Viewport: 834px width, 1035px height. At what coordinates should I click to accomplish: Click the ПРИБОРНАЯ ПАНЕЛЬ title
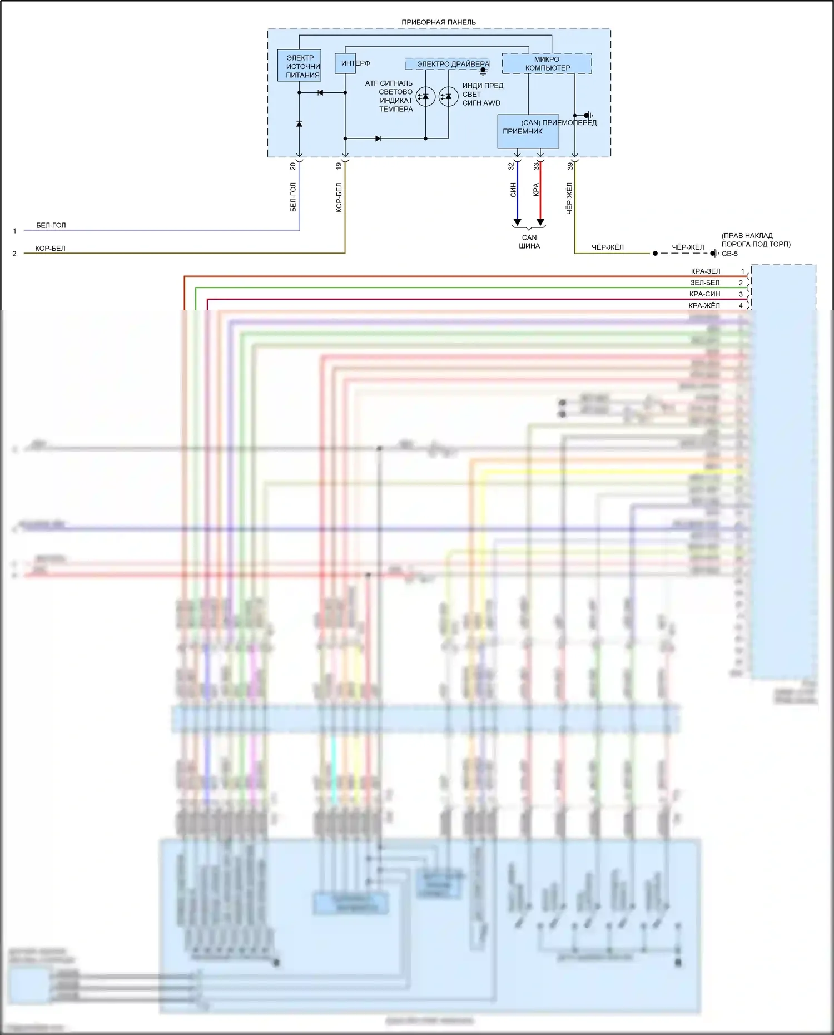click(x=439, y=22)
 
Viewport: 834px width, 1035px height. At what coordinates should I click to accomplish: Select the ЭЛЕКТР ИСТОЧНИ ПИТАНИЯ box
click(x=299, y=66)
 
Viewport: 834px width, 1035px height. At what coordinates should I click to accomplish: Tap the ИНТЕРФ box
click(x=345, y=63)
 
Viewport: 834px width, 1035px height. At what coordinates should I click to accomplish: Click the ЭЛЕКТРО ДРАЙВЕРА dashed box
click(x=447, y=64)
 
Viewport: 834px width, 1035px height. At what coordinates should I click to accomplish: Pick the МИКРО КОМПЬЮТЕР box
click(x=547, y=63)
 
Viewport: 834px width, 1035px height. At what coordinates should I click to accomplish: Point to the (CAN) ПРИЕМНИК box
click(x=528, y=131)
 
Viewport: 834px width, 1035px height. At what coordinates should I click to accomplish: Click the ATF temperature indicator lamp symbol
click(x=425, y=97)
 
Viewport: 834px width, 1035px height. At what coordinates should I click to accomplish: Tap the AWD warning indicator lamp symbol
click(x=448, y=97)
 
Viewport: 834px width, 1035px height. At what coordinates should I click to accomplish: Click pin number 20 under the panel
click(x=293, y=166)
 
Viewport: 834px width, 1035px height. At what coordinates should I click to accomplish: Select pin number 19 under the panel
click(x=339, y=166)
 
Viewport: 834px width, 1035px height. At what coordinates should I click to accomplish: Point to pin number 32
click(x=511, y=166)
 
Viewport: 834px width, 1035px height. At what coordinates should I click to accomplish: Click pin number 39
click(x=570, y=166)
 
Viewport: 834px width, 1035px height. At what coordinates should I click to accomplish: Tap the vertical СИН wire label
click(x=513, y=190)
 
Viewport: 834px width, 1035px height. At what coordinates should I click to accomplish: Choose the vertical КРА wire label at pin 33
click(x=536, y=190)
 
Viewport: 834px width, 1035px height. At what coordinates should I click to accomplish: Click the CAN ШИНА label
click(x=529, y=241)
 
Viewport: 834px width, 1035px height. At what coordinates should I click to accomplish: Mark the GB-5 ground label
click(x=729, y=254)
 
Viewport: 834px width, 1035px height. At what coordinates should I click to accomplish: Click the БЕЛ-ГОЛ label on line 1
click(x=51, y=225)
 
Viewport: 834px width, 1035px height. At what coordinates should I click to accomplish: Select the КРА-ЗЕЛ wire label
click(x=705, y=271)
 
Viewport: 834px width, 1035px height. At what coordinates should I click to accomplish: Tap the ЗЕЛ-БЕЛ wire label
click(x=705, y=283)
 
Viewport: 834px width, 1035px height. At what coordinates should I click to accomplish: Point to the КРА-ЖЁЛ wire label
click(x=704, y=305)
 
